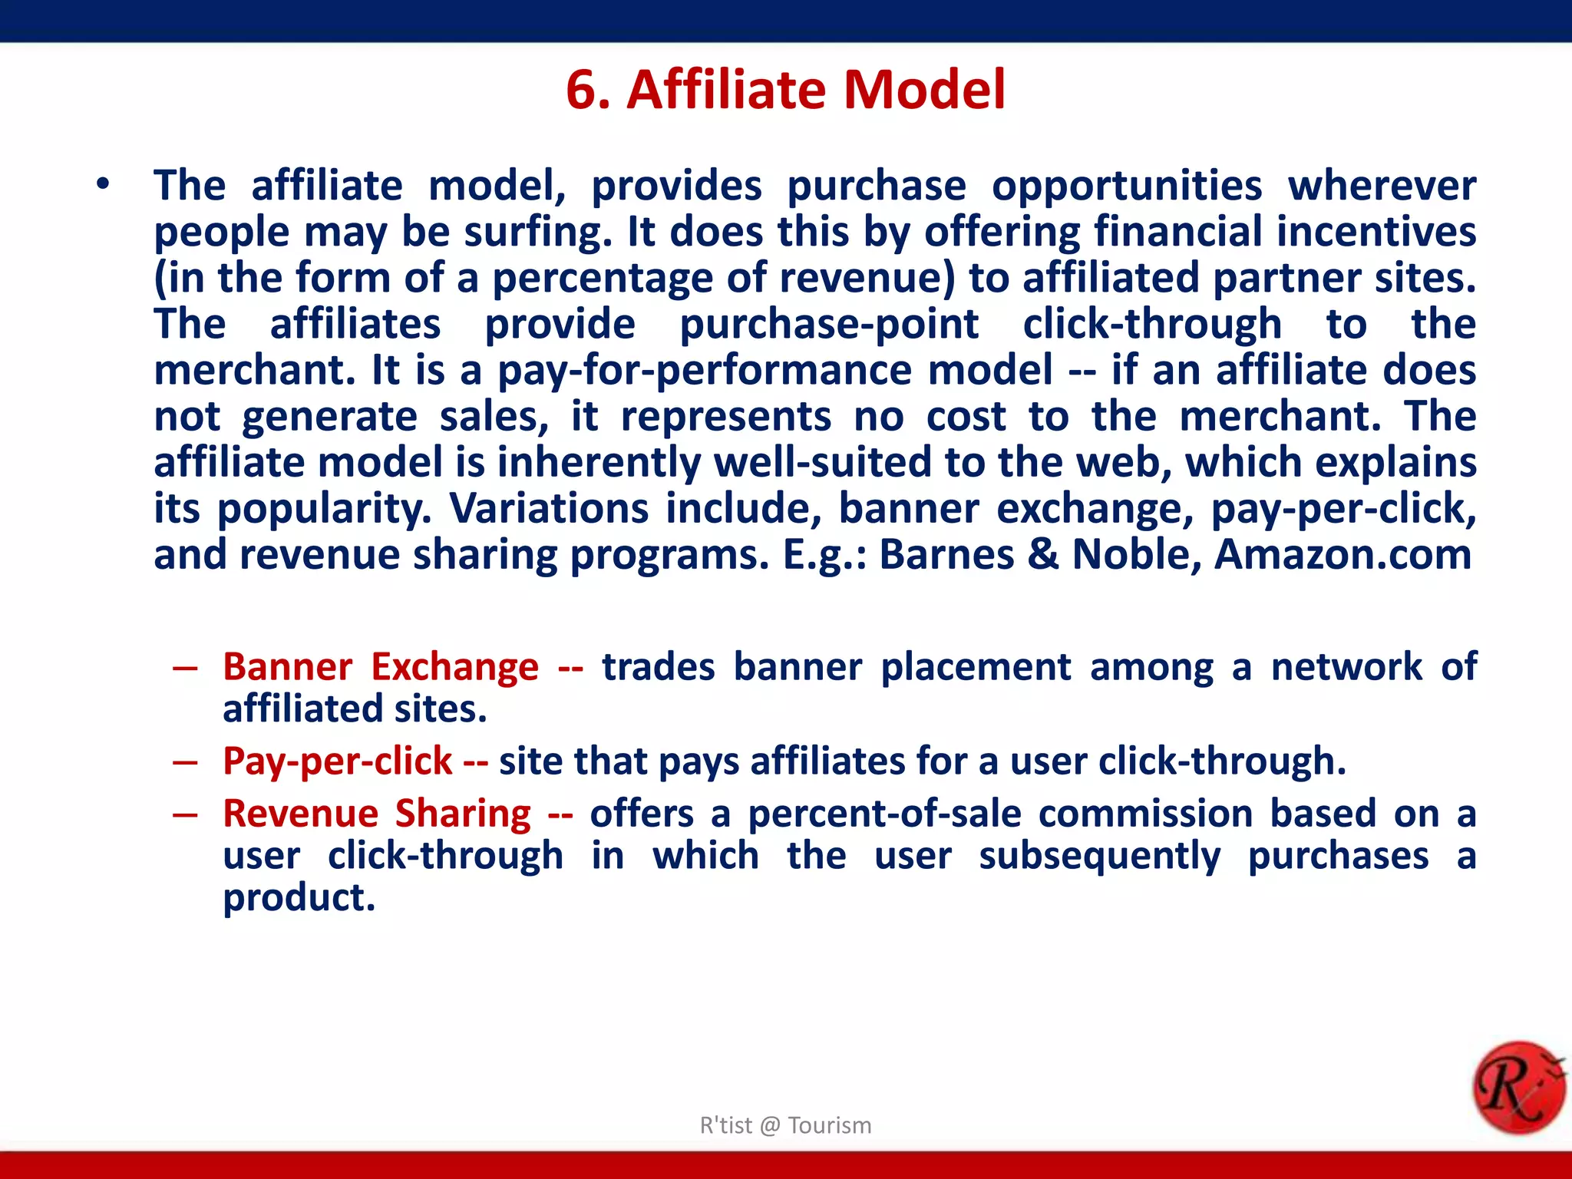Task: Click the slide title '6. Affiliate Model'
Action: (785, 90)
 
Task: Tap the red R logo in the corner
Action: (1518, 1087)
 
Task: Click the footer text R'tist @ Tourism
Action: (785, 1125)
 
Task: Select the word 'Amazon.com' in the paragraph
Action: (1342, 554)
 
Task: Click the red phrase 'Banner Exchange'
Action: (381, 666)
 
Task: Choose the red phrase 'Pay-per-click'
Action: (338, 761)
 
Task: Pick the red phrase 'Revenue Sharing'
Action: (376, 814)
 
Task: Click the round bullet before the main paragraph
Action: (103, 185)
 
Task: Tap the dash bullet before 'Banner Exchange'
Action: (185, 668)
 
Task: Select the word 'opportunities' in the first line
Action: (1126, 187)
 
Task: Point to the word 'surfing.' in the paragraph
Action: (537, 233)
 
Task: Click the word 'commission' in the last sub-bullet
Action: (1145, 814)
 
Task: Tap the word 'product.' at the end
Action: (299, 898)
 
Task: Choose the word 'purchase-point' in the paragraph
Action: (829, 325)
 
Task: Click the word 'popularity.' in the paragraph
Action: (324, 510)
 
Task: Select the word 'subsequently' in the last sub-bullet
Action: (1099, 856)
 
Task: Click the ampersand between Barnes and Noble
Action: (1042, 554)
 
